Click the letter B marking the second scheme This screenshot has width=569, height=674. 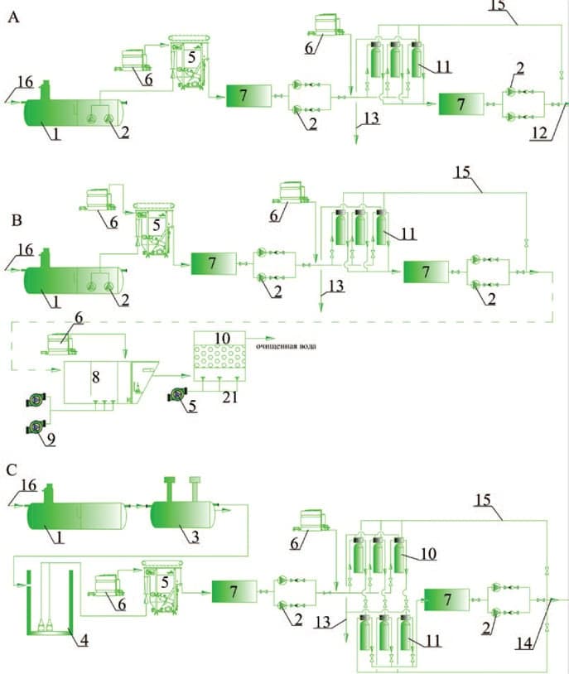click(x=12, y=221)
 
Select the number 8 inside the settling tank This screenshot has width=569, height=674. click(x=95, y=376)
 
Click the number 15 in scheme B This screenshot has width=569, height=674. click(x=465, y=174)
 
